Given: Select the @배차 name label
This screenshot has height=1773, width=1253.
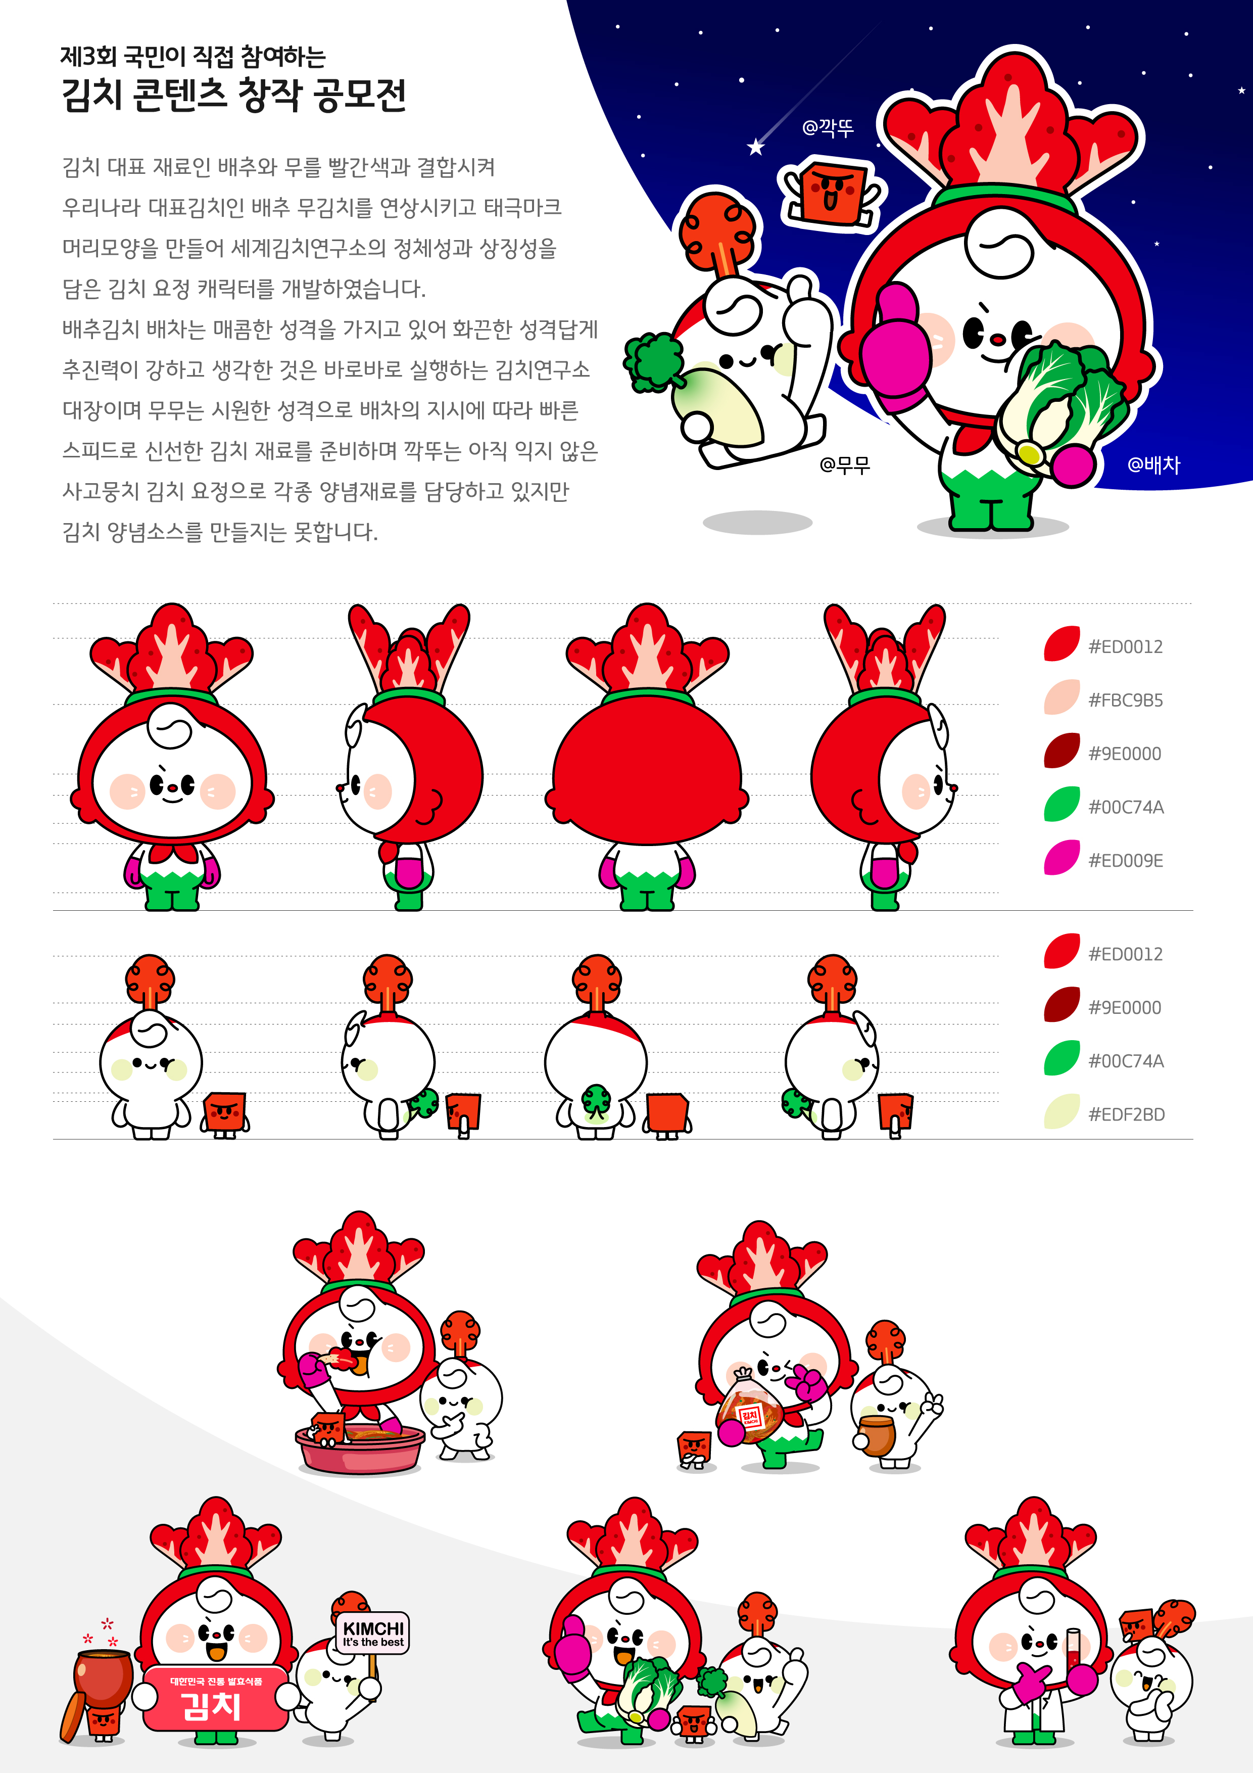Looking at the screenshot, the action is (1153, 464).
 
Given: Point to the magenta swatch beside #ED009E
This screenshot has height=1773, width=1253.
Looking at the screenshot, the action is (1062, 857).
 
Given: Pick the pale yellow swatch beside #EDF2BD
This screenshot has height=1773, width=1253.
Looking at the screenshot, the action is (1062, 1111).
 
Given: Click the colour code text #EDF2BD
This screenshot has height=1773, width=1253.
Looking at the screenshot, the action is (1126, 1114).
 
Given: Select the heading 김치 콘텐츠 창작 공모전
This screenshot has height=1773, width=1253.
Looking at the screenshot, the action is (234, 95).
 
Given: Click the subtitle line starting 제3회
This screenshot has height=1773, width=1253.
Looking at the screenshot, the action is (193, 56).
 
